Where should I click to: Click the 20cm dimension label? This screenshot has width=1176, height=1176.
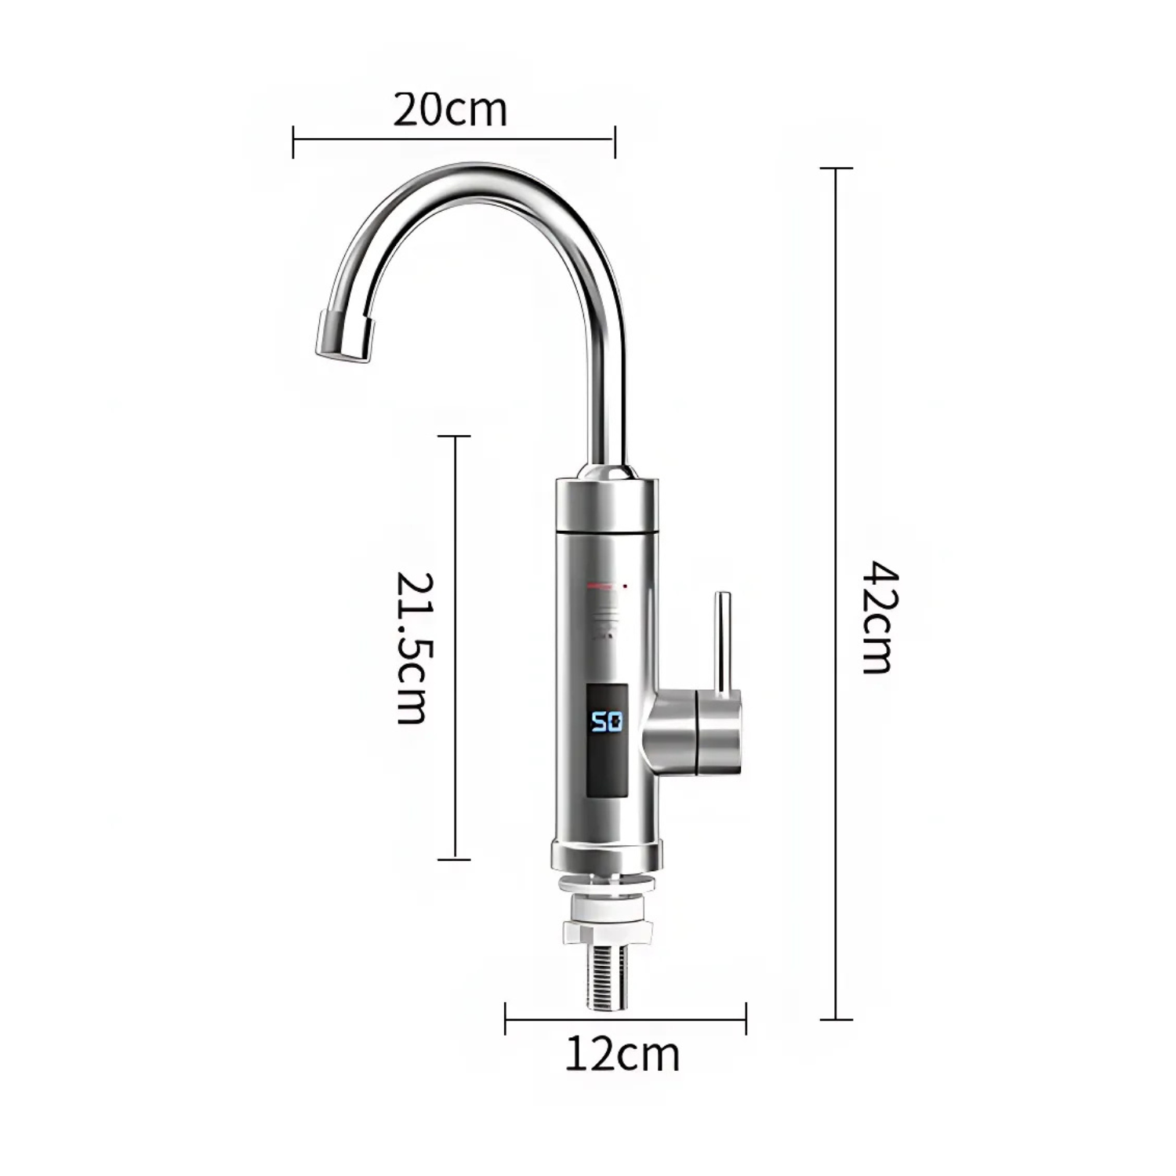(x=450, y=110)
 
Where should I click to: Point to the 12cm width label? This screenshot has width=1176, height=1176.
(x=622, y=1055)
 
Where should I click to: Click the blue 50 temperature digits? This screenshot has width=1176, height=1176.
(x=606, y=721)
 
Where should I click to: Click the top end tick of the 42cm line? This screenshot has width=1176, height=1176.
(x=836, y=168)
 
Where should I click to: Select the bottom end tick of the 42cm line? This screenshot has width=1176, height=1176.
(x=836, y=1019)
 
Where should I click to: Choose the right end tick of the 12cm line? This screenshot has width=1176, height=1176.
(x=746, y=1019)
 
